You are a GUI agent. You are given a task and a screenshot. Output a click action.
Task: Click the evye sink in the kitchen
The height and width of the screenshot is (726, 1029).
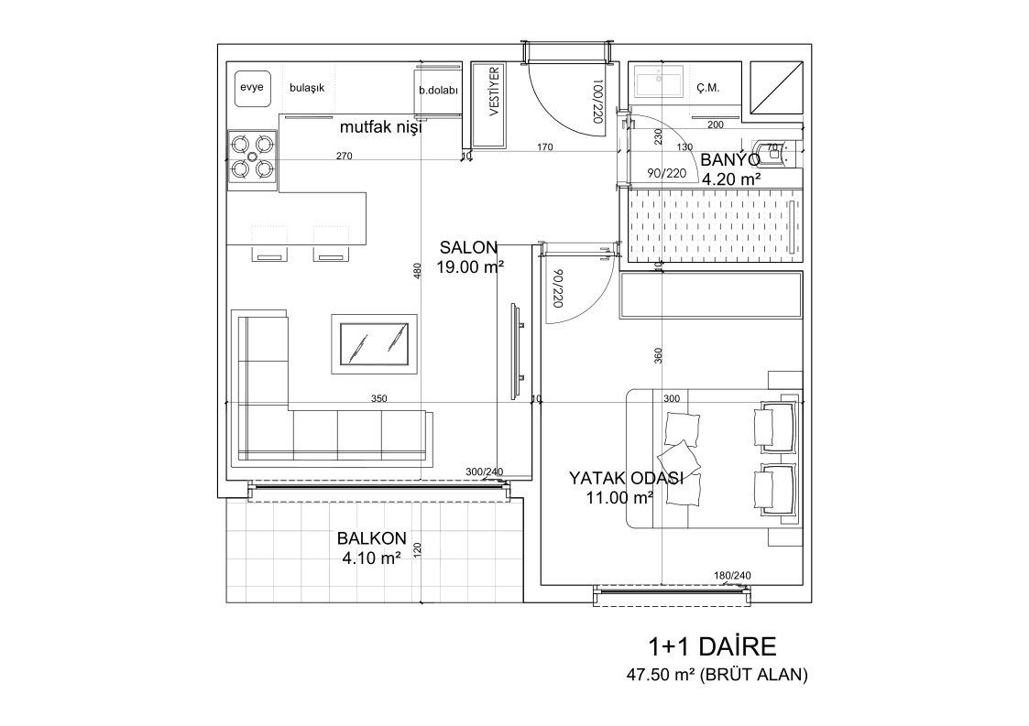(x=252, y=87)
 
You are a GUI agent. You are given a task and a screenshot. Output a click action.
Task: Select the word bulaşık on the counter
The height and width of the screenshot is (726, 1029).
(x=307, y=87)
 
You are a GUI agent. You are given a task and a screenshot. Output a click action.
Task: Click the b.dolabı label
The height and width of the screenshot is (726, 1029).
(x=438, y=92)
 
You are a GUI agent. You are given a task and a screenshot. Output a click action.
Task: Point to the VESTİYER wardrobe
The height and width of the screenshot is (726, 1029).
(x=489, y=105)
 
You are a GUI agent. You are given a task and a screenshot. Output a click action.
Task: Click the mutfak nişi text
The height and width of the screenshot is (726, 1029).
(x=380, y=127)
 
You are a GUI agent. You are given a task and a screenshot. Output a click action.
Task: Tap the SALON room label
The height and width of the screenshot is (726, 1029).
(x=468, y=248)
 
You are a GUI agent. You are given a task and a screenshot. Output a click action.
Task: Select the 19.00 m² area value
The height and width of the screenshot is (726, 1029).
(x=470, y=267)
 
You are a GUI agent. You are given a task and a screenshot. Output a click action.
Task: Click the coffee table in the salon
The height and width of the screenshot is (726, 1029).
(x=374, y=343)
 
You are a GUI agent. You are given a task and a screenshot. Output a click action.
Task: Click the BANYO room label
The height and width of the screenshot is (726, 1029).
(x=729, y=160)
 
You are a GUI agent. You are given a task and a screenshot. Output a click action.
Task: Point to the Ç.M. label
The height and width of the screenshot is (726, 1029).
(x=708, y=88)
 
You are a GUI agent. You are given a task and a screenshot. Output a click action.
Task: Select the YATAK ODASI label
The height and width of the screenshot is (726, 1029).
(x=626, y=478)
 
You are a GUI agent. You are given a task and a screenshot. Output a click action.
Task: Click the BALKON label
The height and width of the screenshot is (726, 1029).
(x=372, y=538)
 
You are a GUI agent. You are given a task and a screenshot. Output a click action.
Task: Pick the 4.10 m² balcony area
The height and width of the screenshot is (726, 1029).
(x=371, y=558)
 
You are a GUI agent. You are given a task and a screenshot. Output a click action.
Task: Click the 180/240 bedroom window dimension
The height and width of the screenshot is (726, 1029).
(x=732, y=576)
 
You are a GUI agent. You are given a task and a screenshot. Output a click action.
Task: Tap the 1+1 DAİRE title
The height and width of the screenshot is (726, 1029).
(x=712, y=646)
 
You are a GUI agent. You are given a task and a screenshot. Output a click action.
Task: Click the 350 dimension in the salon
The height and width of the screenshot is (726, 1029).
(x=378, y=398)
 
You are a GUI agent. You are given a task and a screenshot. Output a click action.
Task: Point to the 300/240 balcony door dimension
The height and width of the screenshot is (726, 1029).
(x=484, y=471)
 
